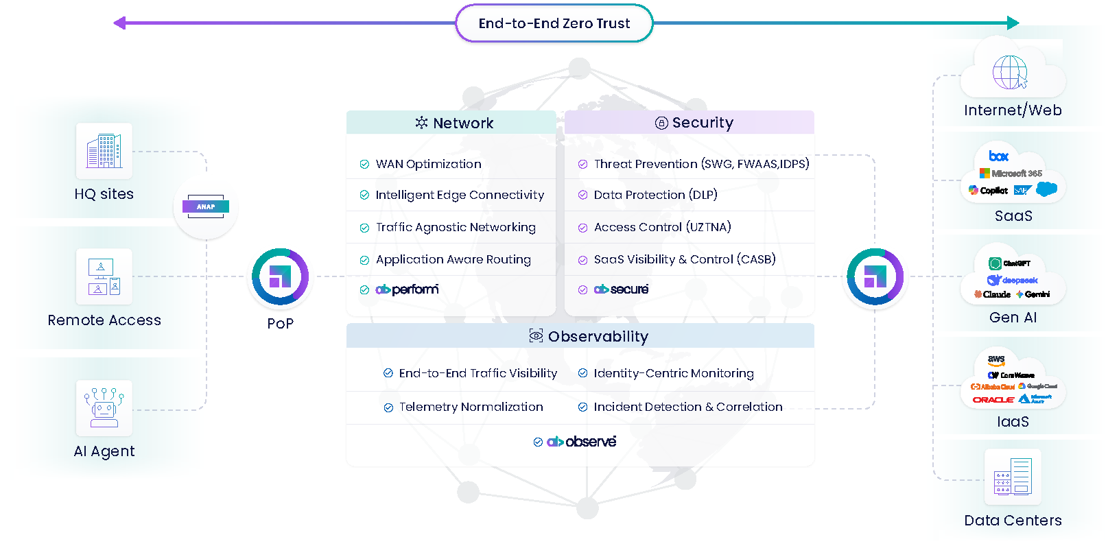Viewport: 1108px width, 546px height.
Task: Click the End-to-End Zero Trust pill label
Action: (554, 23)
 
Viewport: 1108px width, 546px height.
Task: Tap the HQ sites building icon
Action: (104, 151)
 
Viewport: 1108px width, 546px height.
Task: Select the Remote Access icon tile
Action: (104, 276)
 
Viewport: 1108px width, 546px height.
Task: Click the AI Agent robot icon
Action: (104, 407)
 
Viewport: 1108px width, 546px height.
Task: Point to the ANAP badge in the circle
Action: (206, 206)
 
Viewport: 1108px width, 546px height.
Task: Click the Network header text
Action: (462, 123)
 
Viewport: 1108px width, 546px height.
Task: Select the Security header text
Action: (702, 123)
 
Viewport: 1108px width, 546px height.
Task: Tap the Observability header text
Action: (598, 337)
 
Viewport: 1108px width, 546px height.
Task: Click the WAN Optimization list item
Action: (428, 164)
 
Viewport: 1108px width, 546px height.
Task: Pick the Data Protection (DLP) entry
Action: (655, 195)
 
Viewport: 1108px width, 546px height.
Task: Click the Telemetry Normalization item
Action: (471, 407)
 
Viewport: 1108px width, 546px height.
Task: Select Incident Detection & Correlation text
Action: (687, 407)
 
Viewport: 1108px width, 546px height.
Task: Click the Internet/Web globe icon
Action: (1010, 72)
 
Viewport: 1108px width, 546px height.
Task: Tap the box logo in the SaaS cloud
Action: (998, 156)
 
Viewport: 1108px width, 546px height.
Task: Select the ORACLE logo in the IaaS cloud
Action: (993, 400)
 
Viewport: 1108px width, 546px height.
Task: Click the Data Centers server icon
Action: (1013, 477)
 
